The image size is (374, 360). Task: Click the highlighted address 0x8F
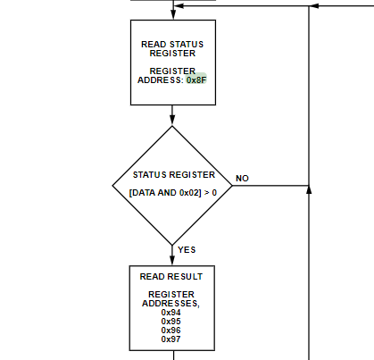click(195, 80)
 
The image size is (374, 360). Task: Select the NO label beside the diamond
click(242, 179)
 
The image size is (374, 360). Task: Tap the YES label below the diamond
click(187, 250)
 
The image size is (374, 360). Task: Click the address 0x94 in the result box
click(171, 313)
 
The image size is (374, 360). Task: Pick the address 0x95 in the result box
click(171, 322)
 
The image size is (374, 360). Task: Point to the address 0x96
click(171, 331)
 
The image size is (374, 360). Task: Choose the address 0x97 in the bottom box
click(171, 339)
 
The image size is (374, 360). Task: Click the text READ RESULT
click(171, 277)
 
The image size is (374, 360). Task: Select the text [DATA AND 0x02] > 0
click(172, 193)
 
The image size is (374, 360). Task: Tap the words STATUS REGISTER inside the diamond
click(172, 175)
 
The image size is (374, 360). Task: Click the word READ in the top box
click(154, 44)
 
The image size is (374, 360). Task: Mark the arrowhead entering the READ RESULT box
click(172, 260)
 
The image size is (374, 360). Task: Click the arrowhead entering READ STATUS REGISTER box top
click(172, 14)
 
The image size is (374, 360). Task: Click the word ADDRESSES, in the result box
click(171, 304)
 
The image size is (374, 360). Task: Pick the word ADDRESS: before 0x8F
click(162, 80)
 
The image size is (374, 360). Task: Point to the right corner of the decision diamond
click(231, 187)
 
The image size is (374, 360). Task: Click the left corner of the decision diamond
click(112, 187)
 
